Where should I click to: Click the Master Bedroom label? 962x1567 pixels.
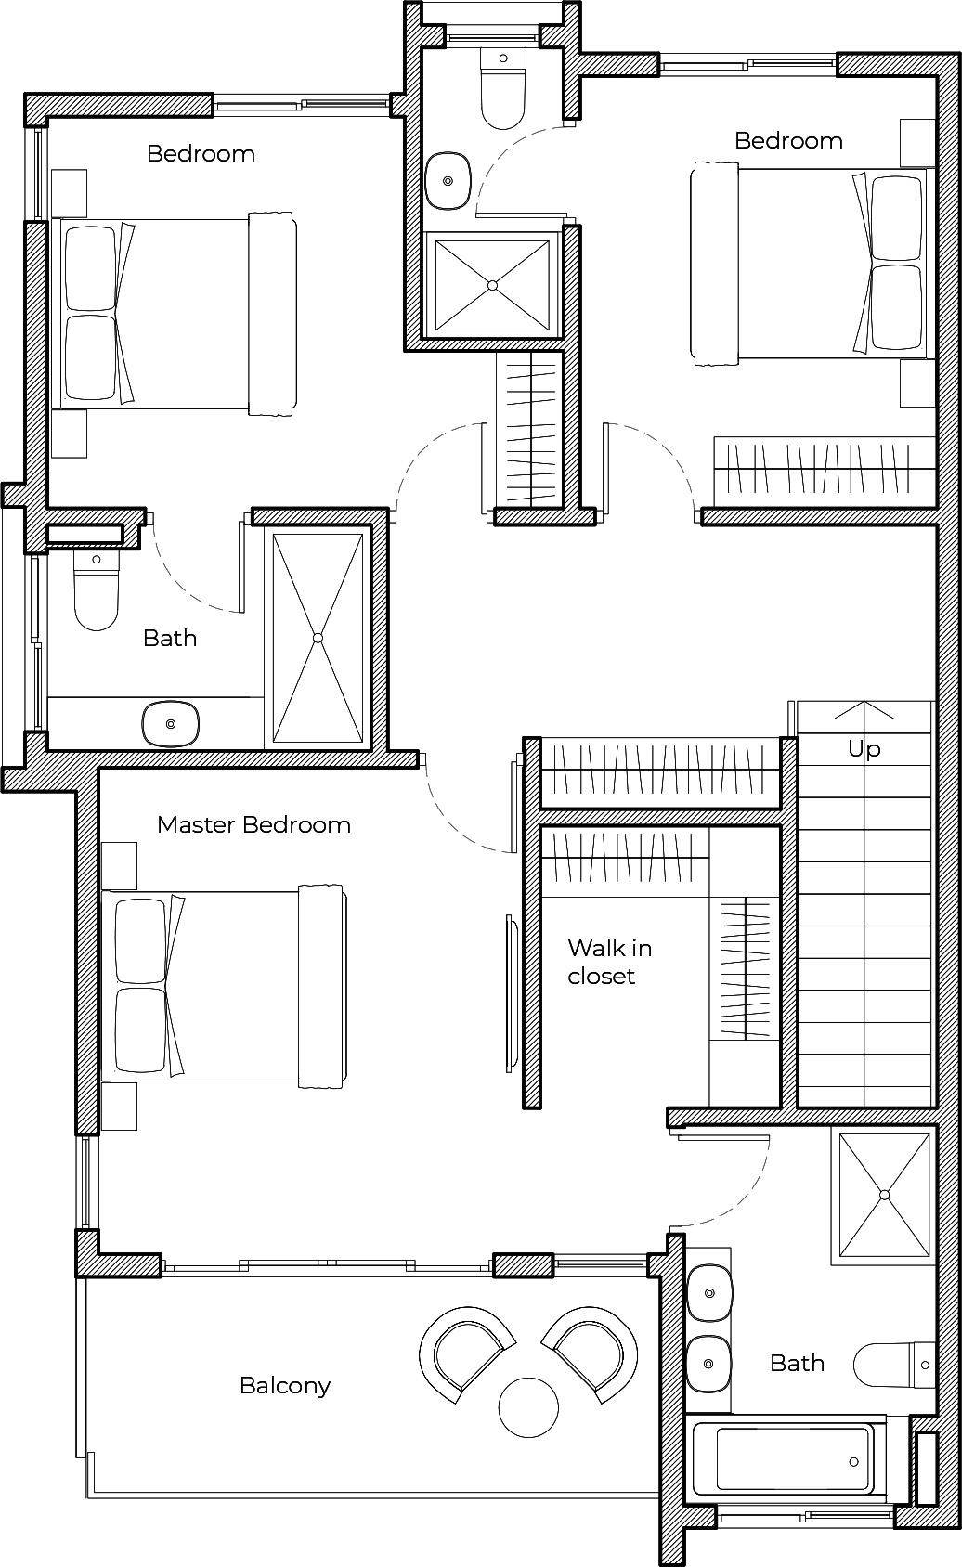point(254,824)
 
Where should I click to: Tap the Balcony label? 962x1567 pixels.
point(285,1386)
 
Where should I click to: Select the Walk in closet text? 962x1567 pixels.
point(609,962)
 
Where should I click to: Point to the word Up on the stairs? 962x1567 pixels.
point(864,749)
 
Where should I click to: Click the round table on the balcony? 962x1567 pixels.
point(529,1407)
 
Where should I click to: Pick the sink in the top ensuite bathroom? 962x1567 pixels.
point(448,181)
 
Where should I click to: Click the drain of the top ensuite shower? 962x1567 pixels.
point(492,285)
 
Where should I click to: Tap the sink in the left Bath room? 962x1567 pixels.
point(170,722)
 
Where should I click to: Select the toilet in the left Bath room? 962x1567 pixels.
point(97,589)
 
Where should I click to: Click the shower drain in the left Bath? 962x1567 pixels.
point(318,638)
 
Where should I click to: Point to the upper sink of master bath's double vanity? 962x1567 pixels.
point(709,1292)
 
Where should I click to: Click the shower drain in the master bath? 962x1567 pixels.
point(884,1195)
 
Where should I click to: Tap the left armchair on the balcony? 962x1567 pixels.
point(467,1354)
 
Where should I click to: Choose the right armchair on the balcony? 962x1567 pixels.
point(591,1354)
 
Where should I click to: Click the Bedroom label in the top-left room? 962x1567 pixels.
point(201,154)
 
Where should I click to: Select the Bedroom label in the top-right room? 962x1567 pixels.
point(788,141)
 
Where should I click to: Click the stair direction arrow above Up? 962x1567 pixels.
point(864,711)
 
